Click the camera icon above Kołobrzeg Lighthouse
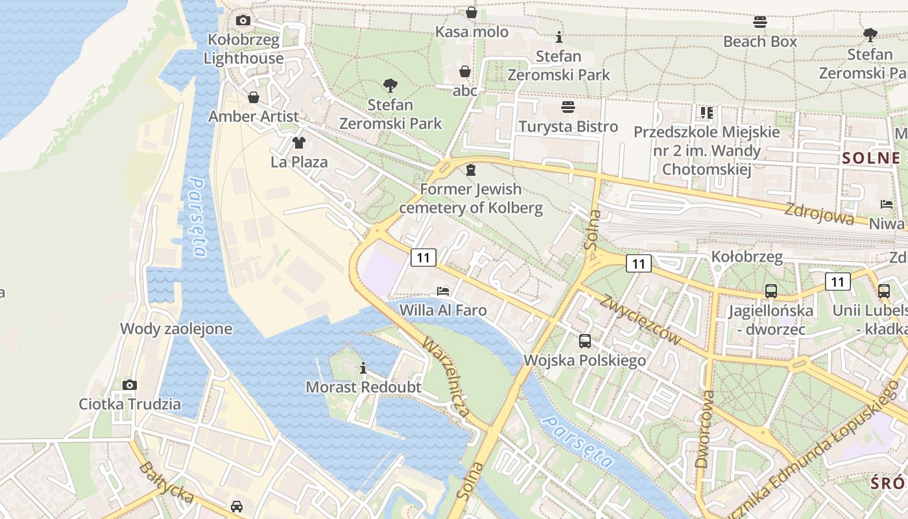(x=243, y=21)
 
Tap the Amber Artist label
(x=254, y=117)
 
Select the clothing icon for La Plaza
(x=298, y=143)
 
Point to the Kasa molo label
(x=472, y=32)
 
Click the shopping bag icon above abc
(x=465, y=71)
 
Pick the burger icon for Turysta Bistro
(x=568, y=107)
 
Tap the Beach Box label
(x=760, y=42)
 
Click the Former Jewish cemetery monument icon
(x=471, y=170)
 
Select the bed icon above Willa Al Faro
(x=443, y=291)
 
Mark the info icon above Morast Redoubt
(x=363, y=368)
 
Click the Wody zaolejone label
(x=176, y=329)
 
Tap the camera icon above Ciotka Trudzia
(x=130, y=385)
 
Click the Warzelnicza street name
(x=446, y=376)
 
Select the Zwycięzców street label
(x=640, y=320)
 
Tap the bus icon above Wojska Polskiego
(x=585, y=341)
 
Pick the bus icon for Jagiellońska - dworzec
(x=771, y=291)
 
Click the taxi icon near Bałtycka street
(x=237, y=506)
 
